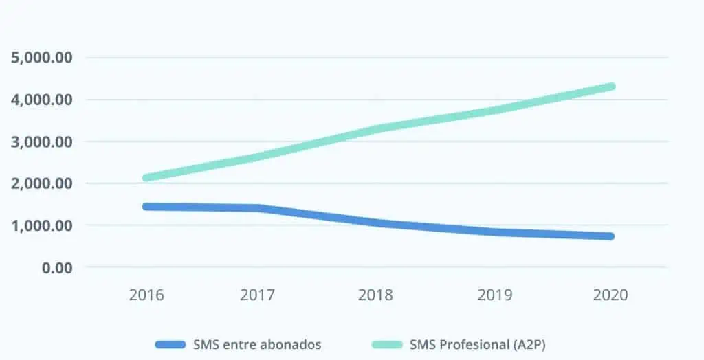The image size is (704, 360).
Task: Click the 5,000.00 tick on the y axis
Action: [x=41, y=58]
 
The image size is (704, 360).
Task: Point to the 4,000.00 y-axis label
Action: [x=41, y=100]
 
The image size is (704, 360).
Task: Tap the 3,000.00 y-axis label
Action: [x=41, y=142]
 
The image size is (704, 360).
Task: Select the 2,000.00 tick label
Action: [x=41, y=183]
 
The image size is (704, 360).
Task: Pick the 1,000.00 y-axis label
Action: [x=41, y=225]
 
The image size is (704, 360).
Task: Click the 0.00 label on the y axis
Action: [x=57, y=267]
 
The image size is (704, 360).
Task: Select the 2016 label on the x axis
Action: [x=146, y=295]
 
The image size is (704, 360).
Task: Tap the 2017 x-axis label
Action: [x=257, y=295]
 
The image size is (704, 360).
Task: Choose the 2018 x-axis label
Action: [x=375, y=295]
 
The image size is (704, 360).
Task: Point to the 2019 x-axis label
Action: [x=495, y=295]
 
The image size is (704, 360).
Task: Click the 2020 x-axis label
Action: [x=610, y=295]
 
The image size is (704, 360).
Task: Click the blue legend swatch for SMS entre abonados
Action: [x=170, y=345]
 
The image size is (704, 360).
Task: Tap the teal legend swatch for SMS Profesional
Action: [x=387, y=345]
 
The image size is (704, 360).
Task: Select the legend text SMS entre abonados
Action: [x=257, y=345]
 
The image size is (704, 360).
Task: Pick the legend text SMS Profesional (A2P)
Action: [x=478, y=345]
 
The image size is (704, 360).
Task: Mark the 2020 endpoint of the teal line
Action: [x=611, y=87]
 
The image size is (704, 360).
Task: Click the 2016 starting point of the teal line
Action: [x=146, y=178]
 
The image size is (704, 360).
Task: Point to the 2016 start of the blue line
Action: [x=146, y=207]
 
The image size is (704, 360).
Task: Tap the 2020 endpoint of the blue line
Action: [x=610, y=236]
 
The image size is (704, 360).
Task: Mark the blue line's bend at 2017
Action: [x=259, y=208]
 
